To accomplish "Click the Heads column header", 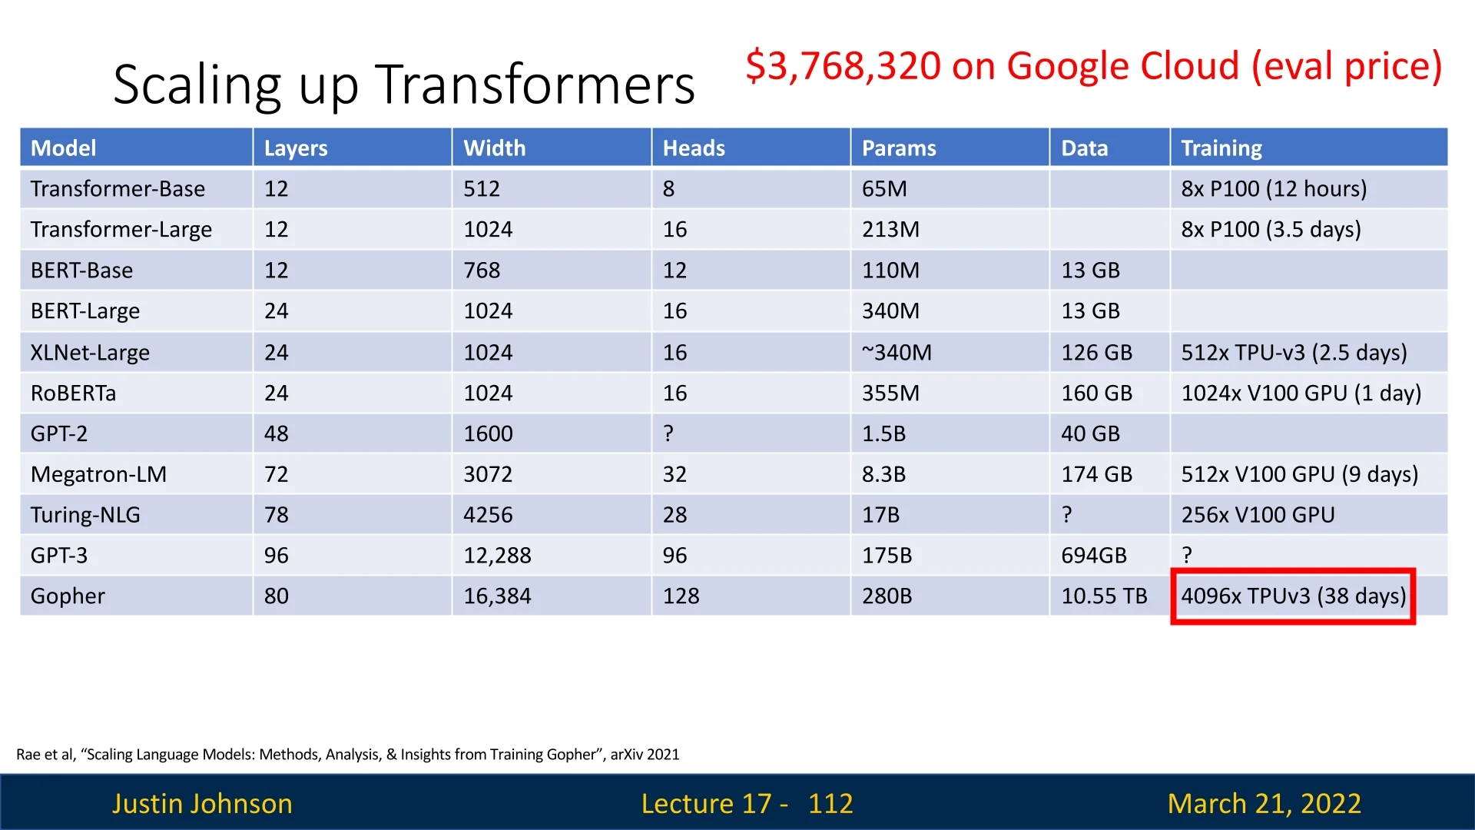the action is (694, 148).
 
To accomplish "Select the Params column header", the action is (899, 148).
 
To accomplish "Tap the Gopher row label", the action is (68, 596).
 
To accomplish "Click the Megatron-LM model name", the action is (98, 474).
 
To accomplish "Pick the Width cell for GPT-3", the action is (497, 556).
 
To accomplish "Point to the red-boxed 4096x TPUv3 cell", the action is (1293, 596).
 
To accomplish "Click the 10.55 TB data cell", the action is (1104, 596).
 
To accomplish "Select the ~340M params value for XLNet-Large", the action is (897, 353).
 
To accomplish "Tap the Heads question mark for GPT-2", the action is (668, 433).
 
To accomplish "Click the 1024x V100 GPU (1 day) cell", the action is (1301, 393).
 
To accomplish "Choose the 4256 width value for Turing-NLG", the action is (488, 515).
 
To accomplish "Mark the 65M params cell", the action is (884, 189).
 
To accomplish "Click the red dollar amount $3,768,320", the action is (843, 66).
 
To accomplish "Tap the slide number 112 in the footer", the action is (830, 803).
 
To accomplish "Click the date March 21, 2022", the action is (1264, 804).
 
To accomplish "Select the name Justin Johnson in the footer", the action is (202, 804).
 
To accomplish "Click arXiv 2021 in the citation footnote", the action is (645, 755).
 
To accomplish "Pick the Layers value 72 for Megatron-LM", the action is (277, 474).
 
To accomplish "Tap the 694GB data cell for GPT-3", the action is (1094, 556).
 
